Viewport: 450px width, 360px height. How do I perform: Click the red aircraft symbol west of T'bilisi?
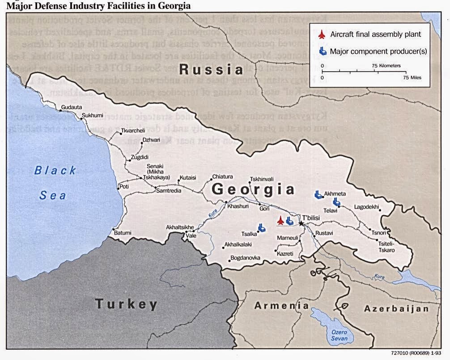pyautogui.click(x=280, y=220)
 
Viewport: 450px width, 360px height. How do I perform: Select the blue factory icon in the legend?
pyautogui.click(x=323, y=51)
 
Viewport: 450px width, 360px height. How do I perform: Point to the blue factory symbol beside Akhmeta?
pyautogui.click(x=318, y=194)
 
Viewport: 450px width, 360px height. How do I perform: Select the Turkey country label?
pyautogui.click(x=126, y=304)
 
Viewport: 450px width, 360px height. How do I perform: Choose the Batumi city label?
pyautogui.click(x=123, y=233)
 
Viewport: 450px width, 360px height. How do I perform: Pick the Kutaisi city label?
pyautogui.click(x=188, y=177)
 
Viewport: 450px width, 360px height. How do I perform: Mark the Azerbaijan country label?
pyautogui.click(x=396, y=309)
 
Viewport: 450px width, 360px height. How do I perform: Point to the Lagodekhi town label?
pyautogui.click(x=366, y=207)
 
